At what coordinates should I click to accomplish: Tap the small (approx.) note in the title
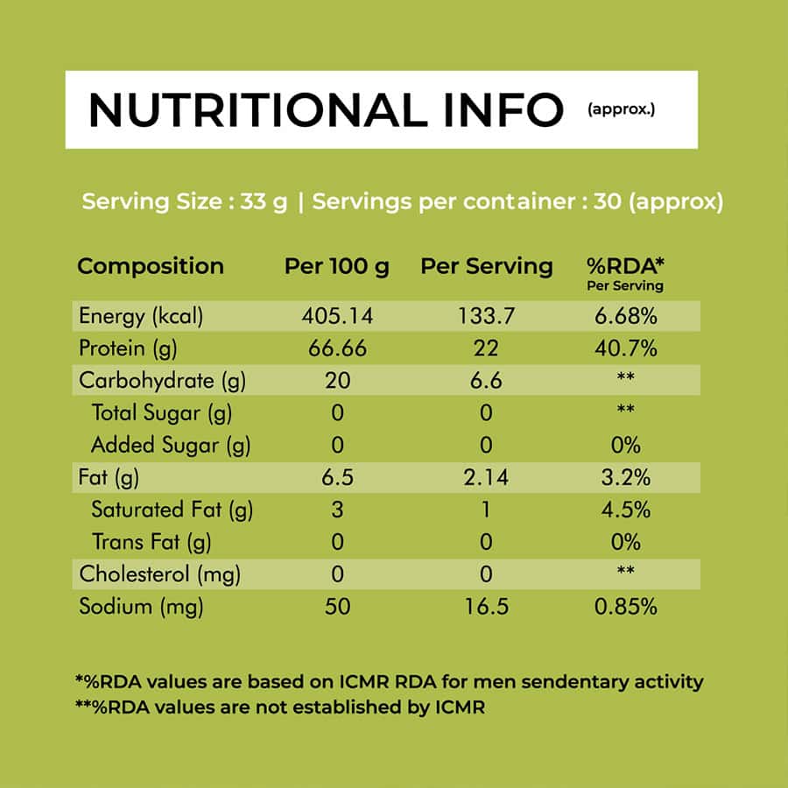[x=621, y=109]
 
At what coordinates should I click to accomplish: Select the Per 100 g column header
[x=337, y=266]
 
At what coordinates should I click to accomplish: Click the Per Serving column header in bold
[x=487, y=266]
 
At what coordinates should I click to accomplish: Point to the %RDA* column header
[x=625, y=266]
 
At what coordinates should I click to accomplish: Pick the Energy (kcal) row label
[x=141, y=316]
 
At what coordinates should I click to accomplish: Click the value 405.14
[x=337, y=316]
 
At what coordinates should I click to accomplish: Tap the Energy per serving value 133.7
[x=486, y=316]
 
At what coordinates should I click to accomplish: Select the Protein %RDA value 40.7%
[x=626, y=348]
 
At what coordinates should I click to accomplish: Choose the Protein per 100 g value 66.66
[x=337, y=348]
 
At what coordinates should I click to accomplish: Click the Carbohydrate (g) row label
[x=162, y=381]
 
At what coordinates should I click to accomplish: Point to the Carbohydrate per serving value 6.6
[x=486, y=381]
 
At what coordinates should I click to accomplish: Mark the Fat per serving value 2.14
[x=486, y=477]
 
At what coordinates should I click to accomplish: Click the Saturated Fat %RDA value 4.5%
[x=626, y=510]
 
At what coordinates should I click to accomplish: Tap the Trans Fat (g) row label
[x=151, y=542]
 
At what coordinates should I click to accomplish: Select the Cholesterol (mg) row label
[x=160, y=573]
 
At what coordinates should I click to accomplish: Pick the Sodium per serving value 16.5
[x=486, y=606]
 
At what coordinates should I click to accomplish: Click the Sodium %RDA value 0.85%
[x=626, y=606]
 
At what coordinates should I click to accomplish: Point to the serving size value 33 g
[x=264, y=201]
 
